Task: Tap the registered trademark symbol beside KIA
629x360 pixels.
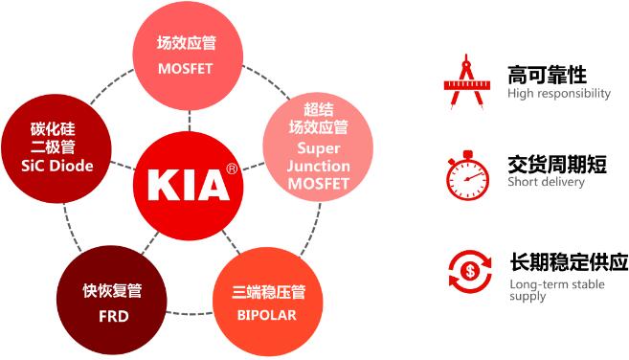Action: (231, 169)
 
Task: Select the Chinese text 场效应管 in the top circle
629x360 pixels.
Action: (189, 43)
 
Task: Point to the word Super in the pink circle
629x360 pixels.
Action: (318, 147)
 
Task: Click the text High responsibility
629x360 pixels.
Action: (559, 94)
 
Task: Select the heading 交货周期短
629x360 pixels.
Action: (556, 164)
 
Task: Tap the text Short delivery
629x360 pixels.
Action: (546, 182)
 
